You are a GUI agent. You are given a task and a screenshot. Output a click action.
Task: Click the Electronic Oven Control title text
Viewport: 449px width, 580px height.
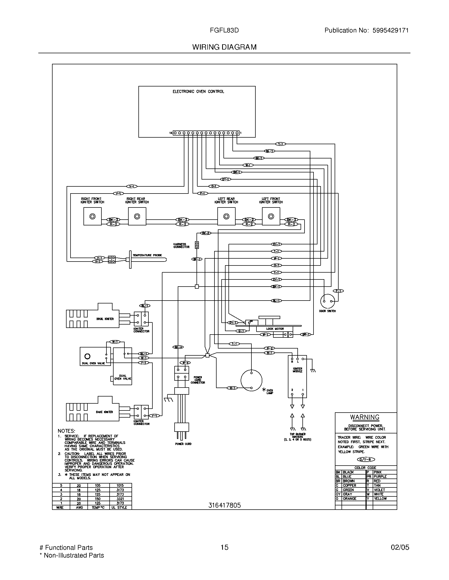tap(198, 91)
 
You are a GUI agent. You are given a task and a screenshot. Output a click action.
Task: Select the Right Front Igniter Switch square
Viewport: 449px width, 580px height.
tap(92, 216)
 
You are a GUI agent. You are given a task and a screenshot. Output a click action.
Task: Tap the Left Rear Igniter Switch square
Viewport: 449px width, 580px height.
tap(226, 216)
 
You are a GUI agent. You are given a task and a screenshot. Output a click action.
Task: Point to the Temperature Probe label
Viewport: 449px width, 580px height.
tap(147, 255)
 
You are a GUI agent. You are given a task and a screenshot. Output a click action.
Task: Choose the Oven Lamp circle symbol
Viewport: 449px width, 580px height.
tap(251, 380)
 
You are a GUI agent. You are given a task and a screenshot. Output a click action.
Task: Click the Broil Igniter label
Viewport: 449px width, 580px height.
tap(105, 319)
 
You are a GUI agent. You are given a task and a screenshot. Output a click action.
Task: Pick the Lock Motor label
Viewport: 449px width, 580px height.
tap(275, 329)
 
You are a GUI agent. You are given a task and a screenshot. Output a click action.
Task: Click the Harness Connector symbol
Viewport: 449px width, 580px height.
tap(197, 245)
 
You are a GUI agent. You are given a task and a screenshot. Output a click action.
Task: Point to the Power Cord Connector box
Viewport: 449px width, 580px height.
tap(181, 373)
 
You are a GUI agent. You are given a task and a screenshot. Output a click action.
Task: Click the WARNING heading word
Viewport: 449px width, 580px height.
tap(364, 417)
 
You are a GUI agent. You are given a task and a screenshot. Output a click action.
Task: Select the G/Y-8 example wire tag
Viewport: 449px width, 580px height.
tap(366, 460)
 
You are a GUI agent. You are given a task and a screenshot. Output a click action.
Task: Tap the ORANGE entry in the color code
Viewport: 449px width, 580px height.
tap(349, 499)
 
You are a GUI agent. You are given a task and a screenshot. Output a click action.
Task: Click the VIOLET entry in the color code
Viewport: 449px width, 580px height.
tap(379, 490)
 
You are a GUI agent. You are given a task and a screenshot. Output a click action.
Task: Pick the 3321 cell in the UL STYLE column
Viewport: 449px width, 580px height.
tap(120, 499)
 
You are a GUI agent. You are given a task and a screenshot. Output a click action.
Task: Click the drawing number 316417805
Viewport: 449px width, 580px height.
tap(224, 505)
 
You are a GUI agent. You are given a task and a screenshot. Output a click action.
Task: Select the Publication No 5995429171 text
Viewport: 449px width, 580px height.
tap(366, 30)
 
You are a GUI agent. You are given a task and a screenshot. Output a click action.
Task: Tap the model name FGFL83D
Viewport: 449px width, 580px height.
tap(224, 30)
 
